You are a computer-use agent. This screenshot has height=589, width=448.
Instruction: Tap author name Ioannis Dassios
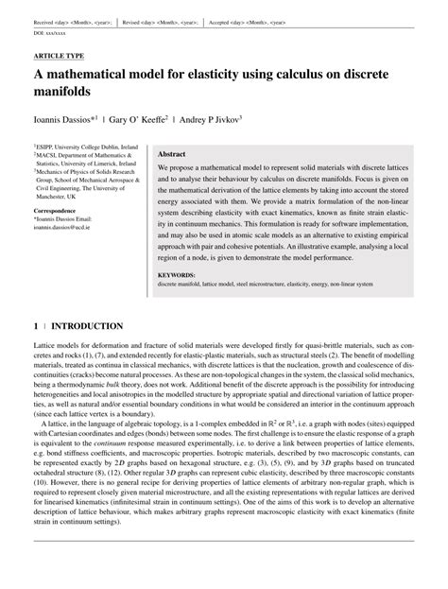click(63, 120)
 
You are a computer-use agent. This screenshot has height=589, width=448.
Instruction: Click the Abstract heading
click(171, 153)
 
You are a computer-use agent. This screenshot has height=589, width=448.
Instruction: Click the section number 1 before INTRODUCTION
click(36, 325)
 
